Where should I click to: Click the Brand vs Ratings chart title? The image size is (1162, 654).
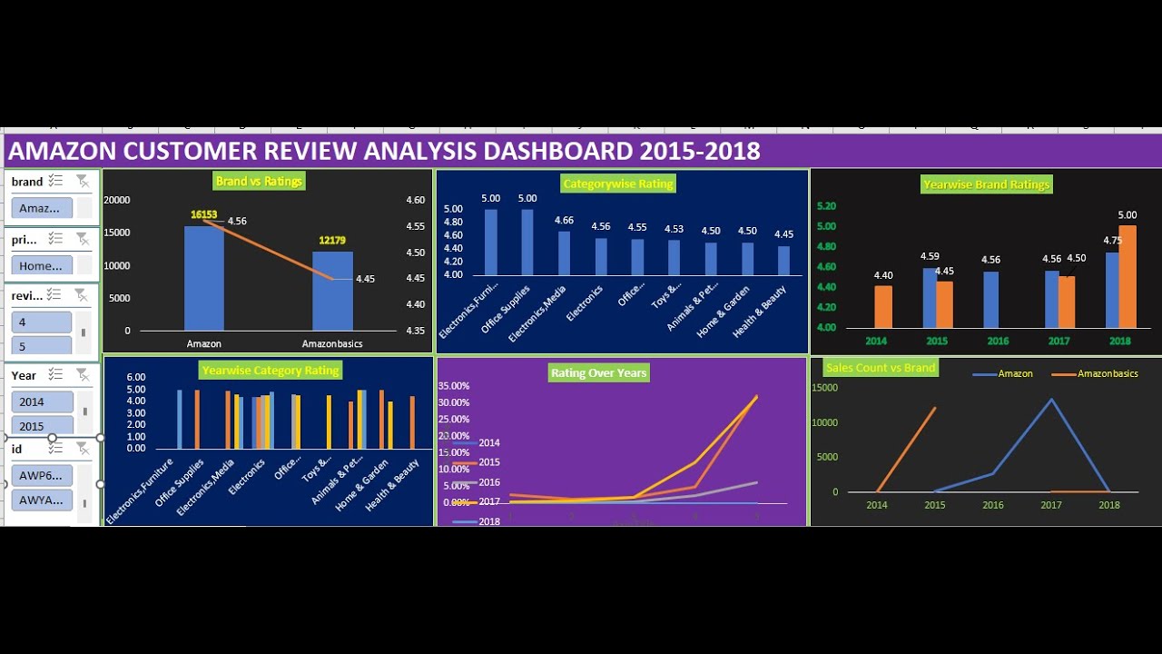tap(259, 181)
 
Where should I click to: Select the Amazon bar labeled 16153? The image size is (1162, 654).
tap(204, 278)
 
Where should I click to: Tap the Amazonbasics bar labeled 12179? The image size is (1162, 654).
tap(333, 291)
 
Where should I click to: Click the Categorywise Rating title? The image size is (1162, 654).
tap(618, 183)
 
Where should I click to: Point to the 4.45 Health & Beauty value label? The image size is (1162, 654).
tap(783, 234)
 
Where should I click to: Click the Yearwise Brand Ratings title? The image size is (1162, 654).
tap(986, 184)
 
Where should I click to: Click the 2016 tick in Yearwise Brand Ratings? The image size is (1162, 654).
tap(997, 341)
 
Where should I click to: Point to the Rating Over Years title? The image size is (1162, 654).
tap(598, 372)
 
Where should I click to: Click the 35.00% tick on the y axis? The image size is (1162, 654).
tap(454, 386)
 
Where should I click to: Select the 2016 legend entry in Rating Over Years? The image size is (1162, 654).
tap(488, 482)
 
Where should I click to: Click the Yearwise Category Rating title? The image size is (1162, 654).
tap(271, 370)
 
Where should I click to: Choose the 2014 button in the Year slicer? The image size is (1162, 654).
tap(41, 401)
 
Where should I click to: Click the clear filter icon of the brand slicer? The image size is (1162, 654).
tap(83, 181)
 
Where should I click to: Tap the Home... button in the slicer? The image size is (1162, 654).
tap(41, 265)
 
